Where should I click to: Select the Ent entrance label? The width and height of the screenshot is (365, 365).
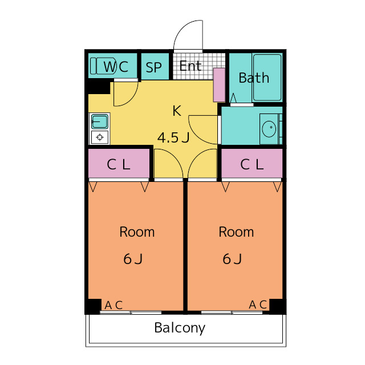[190, 66]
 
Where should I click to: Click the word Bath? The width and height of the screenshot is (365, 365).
[254, 78]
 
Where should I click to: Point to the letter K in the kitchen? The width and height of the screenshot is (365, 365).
[177, 111]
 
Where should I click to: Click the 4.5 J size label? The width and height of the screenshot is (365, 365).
[173, 137]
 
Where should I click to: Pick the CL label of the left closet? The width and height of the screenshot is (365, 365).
[119, 165]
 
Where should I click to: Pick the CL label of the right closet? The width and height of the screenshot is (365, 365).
[252, 165]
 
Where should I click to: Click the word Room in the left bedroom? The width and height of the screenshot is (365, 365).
[137, 232]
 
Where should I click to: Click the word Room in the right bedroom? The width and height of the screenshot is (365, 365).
[236, 232]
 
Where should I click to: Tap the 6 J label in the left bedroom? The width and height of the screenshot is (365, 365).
[133, 259]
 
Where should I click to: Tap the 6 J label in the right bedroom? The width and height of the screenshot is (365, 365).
[232, 259]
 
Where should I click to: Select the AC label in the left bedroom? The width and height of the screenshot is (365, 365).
[113, 305]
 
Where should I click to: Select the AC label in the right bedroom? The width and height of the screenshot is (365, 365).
[258, 305]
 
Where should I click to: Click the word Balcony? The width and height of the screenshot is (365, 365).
[180, 328]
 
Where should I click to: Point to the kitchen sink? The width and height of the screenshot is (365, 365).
[100, 121]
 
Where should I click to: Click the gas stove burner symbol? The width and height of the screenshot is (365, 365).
[100, 137]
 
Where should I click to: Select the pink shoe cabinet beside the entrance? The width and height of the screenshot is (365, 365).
[219, 86]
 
